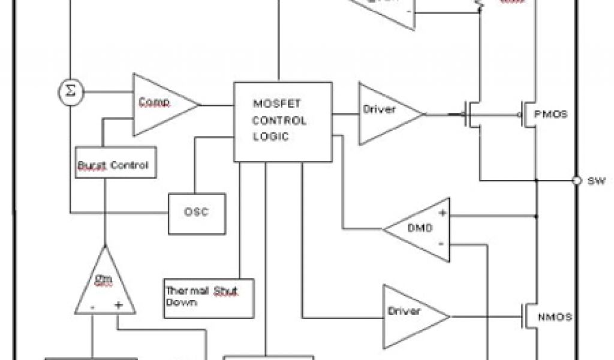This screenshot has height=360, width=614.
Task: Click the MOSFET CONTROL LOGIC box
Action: tap(282, 121)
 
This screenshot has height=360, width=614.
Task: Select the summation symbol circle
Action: tap(71, 91)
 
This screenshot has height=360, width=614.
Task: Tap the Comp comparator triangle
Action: tap(159, 104)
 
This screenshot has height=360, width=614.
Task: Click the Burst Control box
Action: tap(116, 163)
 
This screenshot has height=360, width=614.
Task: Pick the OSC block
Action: tap(197, 213)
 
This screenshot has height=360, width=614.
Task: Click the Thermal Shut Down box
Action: tap(209, 297)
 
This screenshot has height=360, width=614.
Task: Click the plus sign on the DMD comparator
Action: tap(442, 213)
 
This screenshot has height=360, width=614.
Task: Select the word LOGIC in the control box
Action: tap(270, 136)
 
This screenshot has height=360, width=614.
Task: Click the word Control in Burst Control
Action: tap(130, 164)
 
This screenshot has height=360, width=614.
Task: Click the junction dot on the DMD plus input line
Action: tap(537, 214)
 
